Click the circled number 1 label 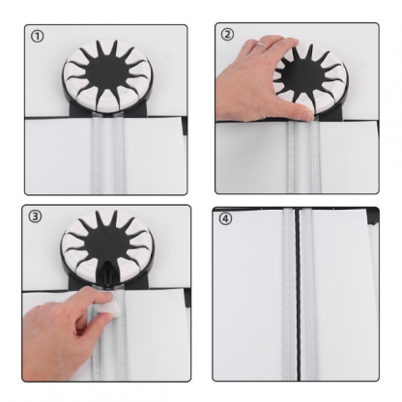[x=37, y=37]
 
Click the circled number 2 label [x=227, y=34]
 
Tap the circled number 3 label [x=35, y=216]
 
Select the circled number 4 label [x=225, y=218]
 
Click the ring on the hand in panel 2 [x=263, y=45]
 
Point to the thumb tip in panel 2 [x=307, y=114]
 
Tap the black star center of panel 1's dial [x=106, y=73]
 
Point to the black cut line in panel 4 [x=298, y=294]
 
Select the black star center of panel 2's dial [x=302, y=74]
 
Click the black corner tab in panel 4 [x=373, y=216]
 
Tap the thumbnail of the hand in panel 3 [x=107, y=294]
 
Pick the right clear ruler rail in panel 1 [x=119, y=154]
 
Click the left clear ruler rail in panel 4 [x=288, y=294]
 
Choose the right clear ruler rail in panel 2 [x=315, y=157]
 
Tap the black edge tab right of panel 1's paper [x=185, y=126]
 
